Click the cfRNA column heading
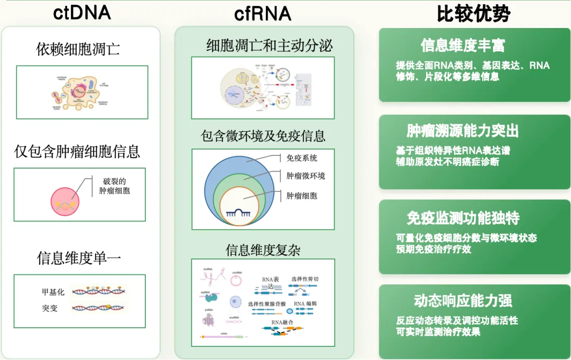coord(263,13)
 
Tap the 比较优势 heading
coord(473,14)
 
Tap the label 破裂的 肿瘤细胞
coord(114,186)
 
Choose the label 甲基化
coord(53,292)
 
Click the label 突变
coord(50,308)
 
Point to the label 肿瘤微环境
coord(306,176)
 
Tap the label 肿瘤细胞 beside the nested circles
coord(302,196)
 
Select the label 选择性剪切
coord(305,279)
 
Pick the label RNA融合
coord(282,321)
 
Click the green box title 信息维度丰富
coord(463,45)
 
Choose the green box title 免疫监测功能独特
coord(463,218)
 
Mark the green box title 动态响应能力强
coord(463,301)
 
